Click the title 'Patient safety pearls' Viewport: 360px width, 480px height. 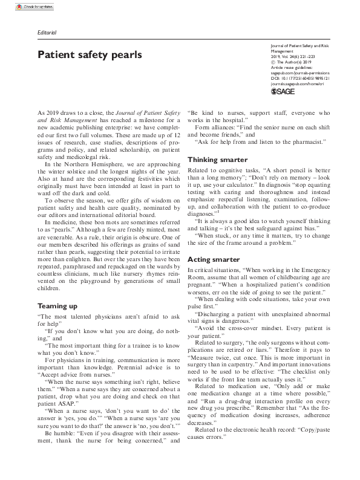(x=90, y=55)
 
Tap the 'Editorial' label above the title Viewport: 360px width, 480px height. (x=47, y=32)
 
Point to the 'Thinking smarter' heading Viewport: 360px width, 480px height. (x=217, y=160)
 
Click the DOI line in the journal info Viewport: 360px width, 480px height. (x=300, y=77)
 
